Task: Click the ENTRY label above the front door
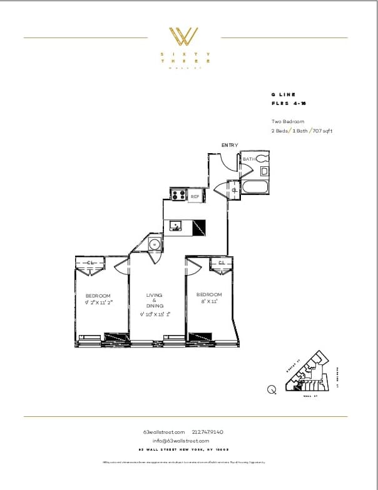pyautogui.click(x=230, y=145)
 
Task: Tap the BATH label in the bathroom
pyautogui.click(x=248, y=159)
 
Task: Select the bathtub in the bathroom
pyautogui.click(x=255, y=187)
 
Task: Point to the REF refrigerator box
pyautogui.click(x=195, y=196)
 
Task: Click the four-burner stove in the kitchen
pyautogui.click(x=177, y=195)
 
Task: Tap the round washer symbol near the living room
pyautogui.click(x=155, y=244)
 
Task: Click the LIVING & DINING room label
pyautogui.click(x=155, y=300)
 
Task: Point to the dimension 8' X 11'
pyautogui.click(x=209, y=302)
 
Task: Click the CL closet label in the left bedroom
pyautogui.click(x=91, y=263)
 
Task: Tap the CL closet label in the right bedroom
pyautogui.click(x=222, y=263)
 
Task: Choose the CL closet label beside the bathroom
pyautogui.click(x=234, y=190)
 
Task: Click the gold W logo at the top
pyautogui.click(x=186, y=36)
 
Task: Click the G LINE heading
pyautogui.click(x=283, y=94)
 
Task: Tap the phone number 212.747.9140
pyautogui.click(x=209, y=432)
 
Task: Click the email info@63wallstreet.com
pyautogui.click(x=185, y=441)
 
